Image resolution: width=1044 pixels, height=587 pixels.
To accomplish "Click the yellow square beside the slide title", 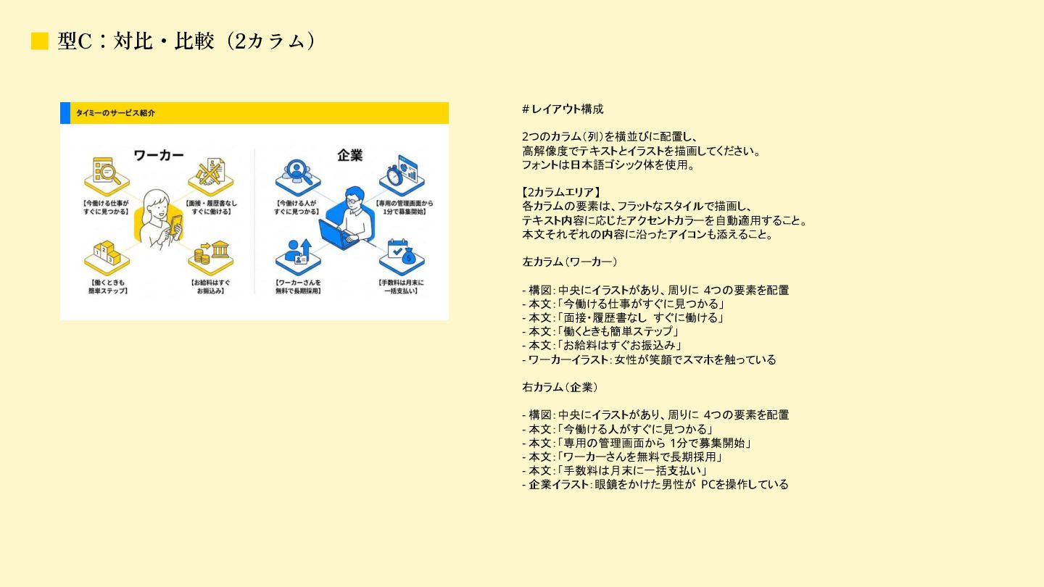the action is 39,41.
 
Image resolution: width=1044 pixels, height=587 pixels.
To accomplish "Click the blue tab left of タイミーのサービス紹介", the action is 65,112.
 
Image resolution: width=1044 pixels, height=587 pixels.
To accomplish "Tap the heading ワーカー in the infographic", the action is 158,156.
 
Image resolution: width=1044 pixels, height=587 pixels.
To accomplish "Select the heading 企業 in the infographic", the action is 349,155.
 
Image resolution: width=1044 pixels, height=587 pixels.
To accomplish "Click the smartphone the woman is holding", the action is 175,225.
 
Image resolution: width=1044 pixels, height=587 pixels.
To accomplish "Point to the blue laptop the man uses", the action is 338,233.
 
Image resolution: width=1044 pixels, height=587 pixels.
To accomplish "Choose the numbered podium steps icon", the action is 106,254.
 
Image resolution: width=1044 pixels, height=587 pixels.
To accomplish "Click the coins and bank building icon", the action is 211,254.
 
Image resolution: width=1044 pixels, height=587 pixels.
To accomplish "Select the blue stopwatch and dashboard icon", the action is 401,172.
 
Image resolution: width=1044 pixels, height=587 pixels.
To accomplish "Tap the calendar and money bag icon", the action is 400,254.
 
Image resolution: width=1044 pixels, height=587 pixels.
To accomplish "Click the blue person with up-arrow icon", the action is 297,254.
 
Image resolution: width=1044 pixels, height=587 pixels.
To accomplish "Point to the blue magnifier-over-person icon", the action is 297,172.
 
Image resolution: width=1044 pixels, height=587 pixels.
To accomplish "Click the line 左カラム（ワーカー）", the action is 569,262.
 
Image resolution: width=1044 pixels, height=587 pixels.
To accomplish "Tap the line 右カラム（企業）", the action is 560,387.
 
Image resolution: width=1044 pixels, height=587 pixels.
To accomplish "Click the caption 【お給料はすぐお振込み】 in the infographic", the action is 210,286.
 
